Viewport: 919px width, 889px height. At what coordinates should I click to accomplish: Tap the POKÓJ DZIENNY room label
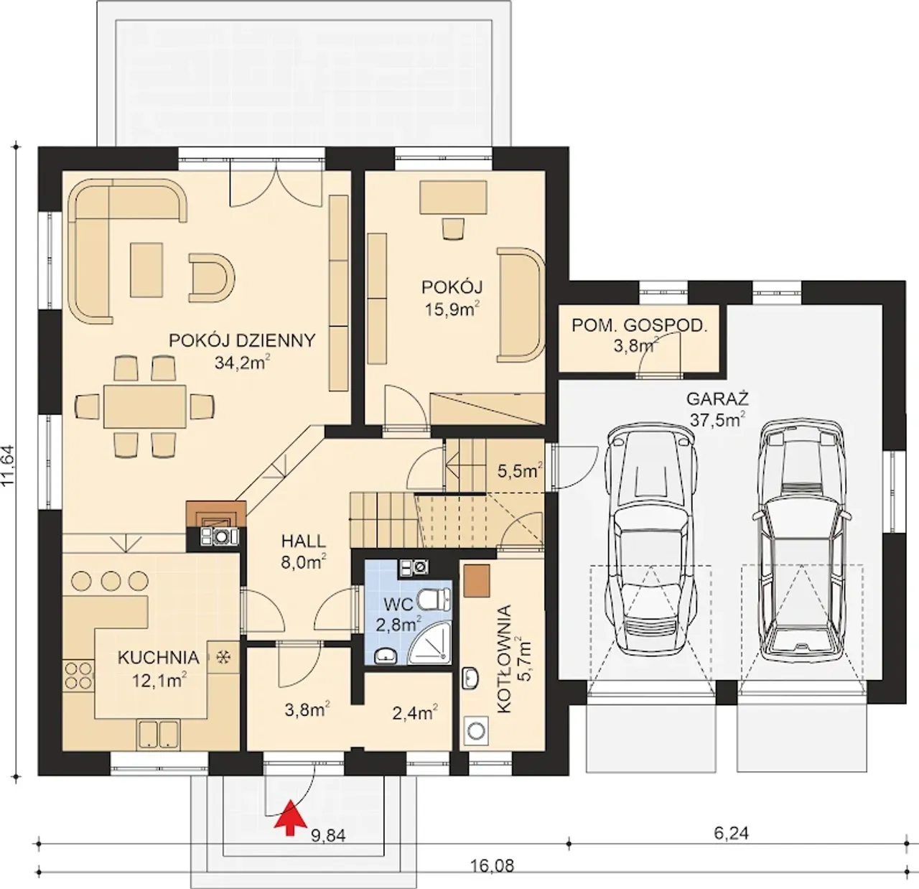click(242, 340)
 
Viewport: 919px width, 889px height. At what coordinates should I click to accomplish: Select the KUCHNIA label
click(158, 658)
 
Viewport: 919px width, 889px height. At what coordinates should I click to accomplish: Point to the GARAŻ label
click(717, 400)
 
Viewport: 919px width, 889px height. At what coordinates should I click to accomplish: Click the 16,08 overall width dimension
click(492, 866)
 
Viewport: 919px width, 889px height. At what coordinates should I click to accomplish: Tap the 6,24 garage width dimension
click(732, 833)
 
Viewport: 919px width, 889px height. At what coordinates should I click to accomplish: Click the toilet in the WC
click(435, 600)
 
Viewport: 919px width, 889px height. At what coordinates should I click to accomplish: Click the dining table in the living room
click(145, 406)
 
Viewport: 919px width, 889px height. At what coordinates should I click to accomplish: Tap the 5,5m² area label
click(520, 470)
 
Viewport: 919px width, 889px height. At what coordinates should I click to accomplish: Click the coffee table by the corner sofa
click(146, 270)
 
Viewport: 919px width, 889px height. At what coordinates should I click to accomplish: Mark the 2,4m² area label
click(415, 712)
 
